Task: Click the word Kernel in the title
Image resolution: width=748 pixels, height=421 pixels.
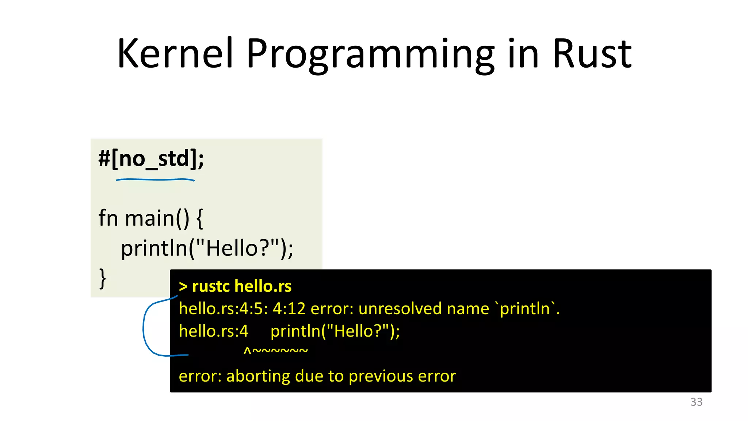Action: (x=175, y=54)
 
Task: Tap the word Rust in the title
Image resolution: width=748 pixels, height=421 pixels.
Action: (x=592, y=54)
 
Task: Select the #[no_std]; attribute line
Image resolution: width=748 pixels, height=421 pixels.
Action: (x=151, y=159)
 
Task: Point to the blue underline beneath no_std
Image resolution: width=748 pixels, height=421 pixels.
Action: (x=155, y=179)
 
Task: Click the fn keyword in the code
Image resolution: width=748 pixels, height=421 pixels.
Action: (x=108, y=218)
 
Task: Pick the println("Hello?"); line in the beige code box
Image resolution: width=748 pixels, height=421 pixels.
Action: (x=207, y=249)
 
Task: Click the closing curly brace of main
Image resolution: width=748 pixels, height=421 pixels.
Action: (x=103, y=278)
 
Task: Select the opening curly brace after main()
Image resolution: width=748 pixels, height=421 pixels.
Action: (x=199, y=219)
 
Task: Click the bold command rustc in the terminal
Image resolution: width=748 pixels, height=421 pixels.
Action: (x=210, y=286)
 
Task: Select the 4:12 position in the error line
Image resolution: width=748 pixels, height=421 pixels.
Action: (x=289, y=309)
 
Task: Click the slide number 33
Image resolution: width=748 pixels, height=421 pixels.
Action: (x=696, y=402)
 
